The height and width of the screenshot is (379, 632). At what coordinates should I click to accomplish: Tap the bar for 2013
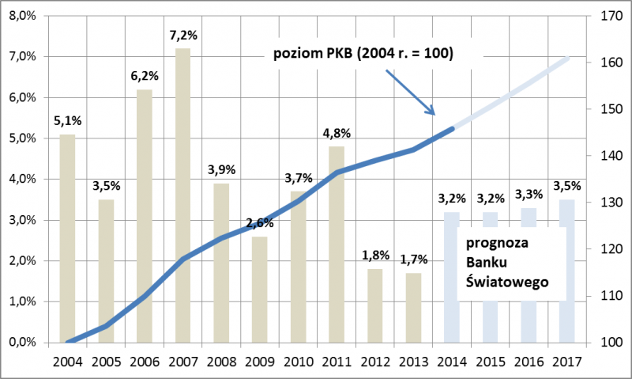pos(414,309)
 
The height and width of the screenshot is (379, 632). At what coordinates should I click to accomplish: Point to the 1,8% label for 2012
pos(375,256)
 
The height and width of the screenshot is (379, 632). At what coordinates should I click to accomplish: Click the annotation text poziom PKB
pos(363,55)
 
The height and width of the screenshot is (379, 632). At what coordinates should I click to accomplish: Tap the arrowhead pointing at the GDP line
pos(431,111)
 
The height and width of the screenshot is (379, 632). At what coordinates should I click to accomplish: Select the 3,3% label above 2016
pos(529,194)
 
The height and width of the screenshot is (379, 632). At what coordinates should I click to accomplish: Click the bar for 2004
pos(68,237)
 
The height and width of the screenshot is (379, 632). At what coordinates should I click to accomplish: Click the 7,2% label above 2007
pos(182,36)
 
